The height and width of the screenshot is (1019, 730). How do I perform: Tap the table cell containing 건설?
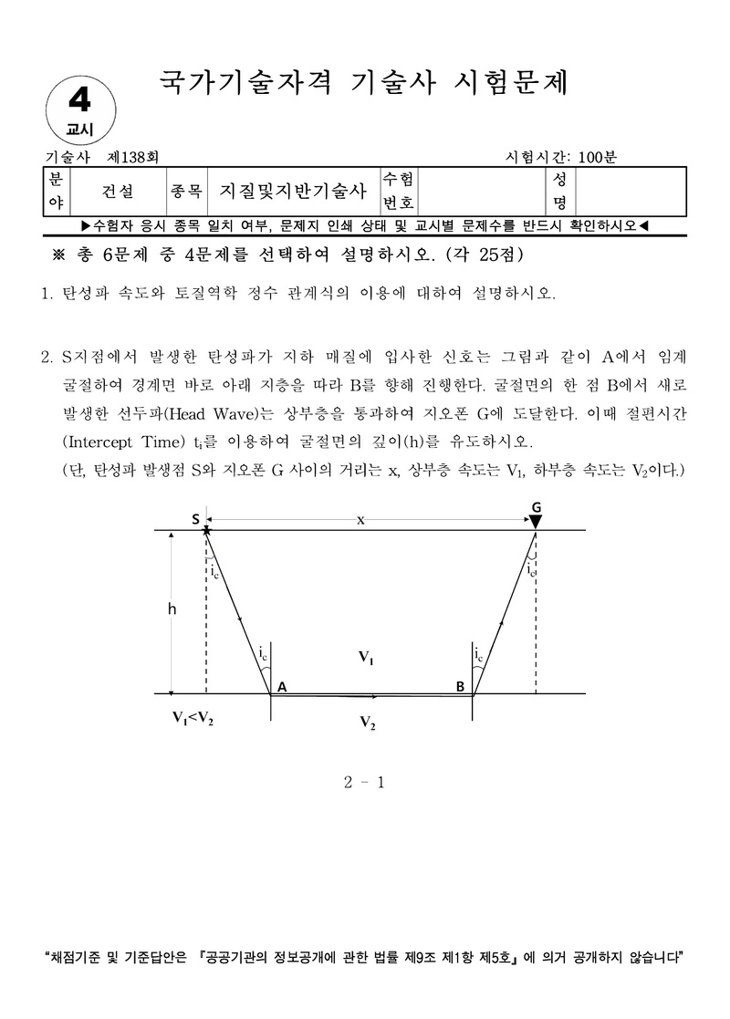click(119, 191)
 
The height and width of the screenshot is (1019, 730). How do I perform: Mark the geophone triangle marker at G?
click(537, 521)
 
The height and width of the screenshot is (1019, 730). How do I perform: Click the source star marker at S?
click(207, 529)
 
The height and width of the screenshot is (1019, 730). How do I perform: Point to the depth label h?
click(172, 610)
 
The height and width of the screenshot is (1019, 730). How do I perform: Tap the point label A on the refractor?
click(282, 686)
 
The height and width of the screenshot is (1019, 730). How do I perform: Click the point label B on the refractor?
click(461, 686)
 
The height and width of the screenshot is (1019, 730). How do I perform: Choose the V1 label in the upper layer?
click(366, 658)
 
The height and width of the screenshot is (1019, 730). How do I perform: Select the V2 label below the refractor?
click(367, 723)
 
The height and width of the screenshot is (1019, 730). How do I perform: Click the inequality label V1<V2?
click(194, 717)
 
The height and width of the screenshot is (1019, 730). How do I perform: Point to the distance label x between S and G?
click(360, 519)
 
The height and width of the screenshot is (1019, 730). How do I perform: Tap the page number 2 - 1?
click(365, 782)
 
